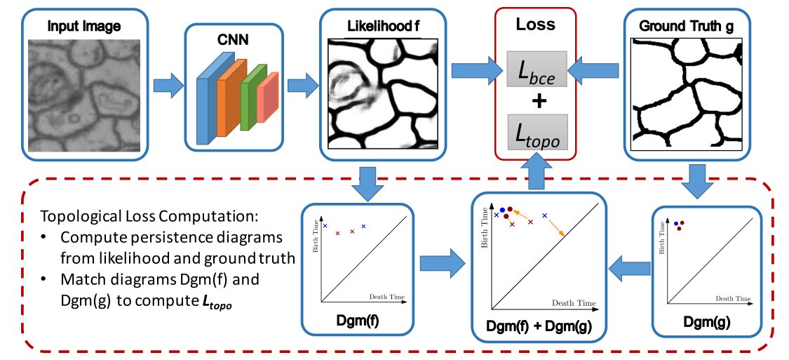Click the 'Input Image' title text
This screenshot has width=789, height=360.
point(84,27)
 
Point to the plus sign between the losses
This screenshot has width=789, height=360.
point(538,102)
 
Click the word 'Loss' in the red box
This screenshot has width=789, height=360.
point(535,24)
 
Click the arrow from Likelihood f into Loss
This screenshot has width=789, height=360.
point(476,71)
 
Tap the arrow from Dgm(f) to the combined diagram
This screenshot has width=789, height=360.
point(443,265)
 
